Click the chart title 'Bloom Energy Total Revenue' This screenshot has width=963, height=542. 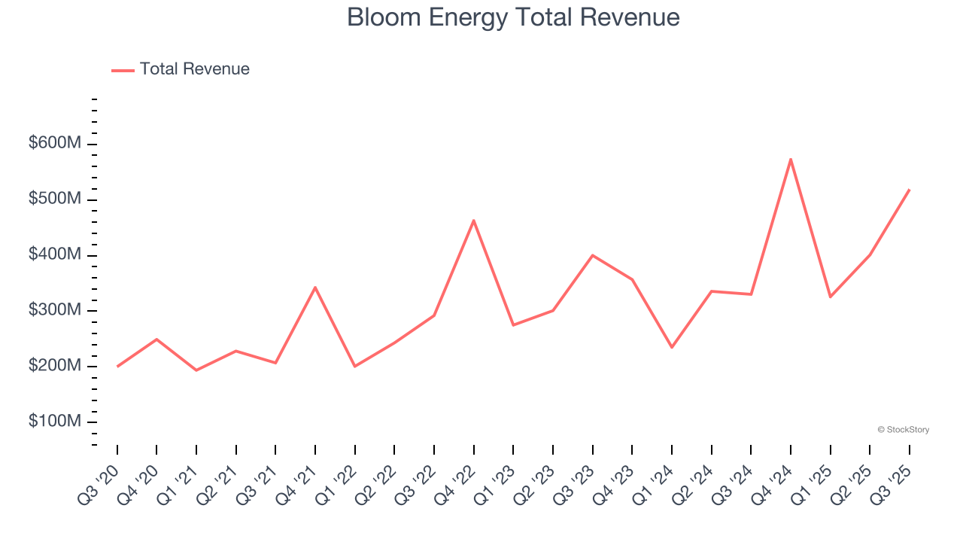pyautogui.click(x=513, y=17)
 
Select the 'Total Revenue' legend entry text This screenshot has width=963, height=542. pyautogui.click(x=194, y=69)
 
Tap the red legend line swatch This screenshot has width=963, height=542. pyautogui.click(x=123, y=70)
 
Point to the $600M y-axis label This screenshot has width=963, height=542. pyautogui.click(x=54, y=143)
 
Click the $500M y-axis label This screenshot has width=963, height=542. pyautogui.click(x=54, y=199)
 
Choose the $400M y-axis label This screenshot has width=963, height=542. pyautogui.click(x=54, y=254)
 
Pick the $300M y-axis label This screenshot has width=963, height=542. pyautogui.click(x=54, y=310)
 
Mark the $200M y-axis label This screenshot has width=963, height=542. pyautogui.click(x=54, y=366)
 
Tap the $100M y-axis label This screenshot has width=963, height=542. pyautogui.click(x=54, y=422)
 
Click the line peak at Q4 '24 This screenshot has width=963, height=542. pyautogui.click(x=791, y=159)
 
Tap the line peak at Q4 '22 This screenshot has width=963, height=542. pyautogui.click(x=473, y=221)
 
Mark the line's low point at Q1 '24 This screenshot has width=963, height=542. pyautogui.click(x=672, y=347)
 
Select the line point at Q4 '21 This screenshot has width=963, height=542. pyautogui.click(x=315, y=288)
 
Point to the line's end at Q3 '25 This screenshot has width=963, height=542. pyautogui.click(x=910, y=190)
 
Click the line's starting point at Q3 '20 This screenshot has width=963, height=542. pyautogui.click(x=117, y=366)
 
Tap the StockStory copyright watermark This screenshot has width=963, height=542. pyautogui.click(x=903, y=430)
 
